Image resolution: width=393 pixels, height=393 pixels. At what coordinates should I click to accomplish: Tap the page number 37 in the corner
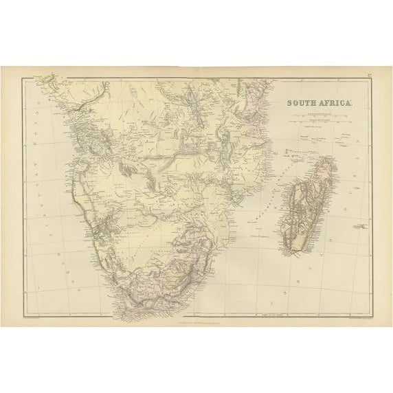(370, 74)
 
